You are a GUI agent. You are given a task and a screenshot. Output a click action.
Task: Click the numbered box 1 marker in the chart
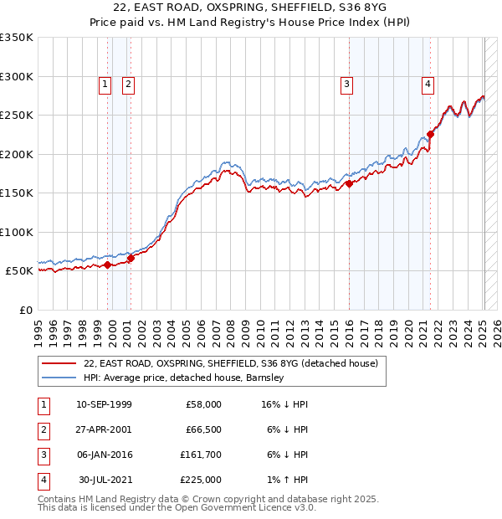pos(105,84)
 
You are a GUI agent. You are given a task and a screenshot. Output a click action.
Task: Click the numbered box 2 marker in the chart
pos(128,84)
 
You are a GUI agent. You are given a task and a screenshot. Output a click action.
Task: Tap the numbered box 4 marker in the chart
pos(427,84)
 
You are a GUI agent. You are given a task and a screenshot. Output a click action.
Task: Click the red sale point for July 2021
pos(431,134)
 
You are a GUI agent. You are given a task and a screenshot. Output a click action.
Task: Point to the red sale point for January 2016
pos(349,184)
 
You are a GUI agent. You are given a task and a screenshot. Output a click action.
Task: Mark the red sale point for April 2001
pos(131,258)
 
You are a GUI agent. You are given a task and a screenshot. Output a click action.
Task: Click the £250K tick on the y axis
pos(17,116)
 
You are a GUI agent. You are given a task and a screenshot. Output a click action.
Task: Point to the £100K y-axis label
pos(17,232)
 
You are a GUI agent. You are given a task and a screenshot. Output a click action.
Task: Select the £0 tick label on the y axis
pos(24,310)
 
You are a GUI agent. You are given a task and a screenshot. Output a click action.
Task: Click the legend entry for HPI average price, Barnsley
pos(184,378)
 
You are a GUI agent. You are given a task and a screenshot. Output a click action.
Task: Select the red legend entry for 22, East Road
pos(231,363)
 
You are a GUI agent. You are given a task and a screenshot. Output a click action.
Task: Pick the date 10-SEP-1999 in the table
pos(104,404)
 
